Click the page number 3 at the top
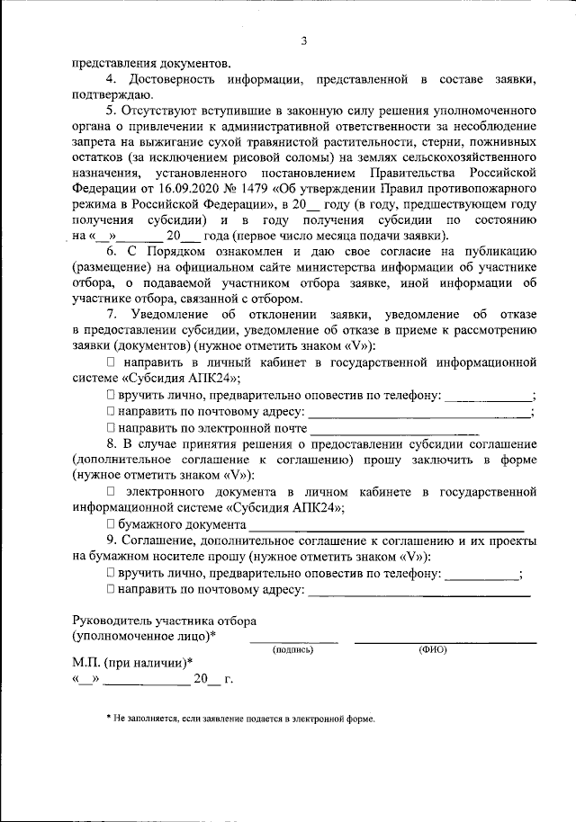(305, 40)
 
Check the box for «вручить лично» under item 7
(111, 395)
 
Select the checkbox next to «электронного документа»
(111, 492)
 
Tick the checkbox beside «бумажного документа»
(111, 524)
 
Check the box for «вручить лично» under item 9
(111, 573)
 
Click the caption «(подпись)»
(293, 649)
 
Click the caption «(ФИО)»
(432, 649)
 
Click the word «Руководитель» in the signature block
(114, 621)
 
